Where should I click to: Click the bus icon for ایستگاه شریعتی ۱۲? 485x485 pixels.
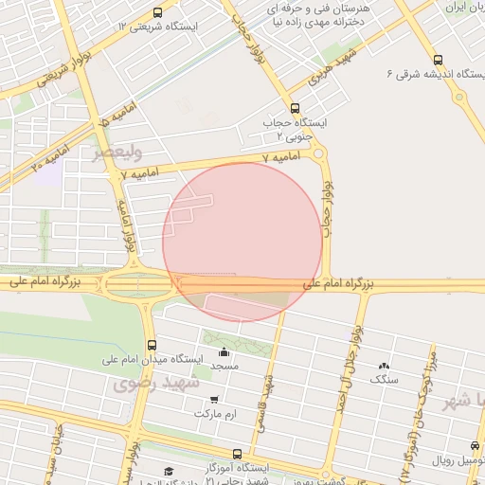click(156, 12)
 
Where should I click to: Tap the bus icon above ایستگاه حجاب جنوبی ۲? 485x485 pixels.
click(295, 108)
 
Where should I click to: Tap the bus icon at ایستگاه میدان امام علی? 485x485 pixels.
click(152, 345)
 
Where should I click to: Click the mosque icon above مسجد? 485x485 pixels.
click(224, 353)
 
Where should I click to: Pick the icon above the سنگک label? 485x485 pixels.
click(384, 367)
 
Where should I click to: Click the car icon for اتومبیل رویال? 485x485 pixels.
click(474, 446)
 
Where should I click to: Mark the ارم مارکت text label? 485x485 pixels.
click(213, 415)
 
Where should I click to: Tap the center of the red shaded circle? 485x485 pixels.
click(242, 242)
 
